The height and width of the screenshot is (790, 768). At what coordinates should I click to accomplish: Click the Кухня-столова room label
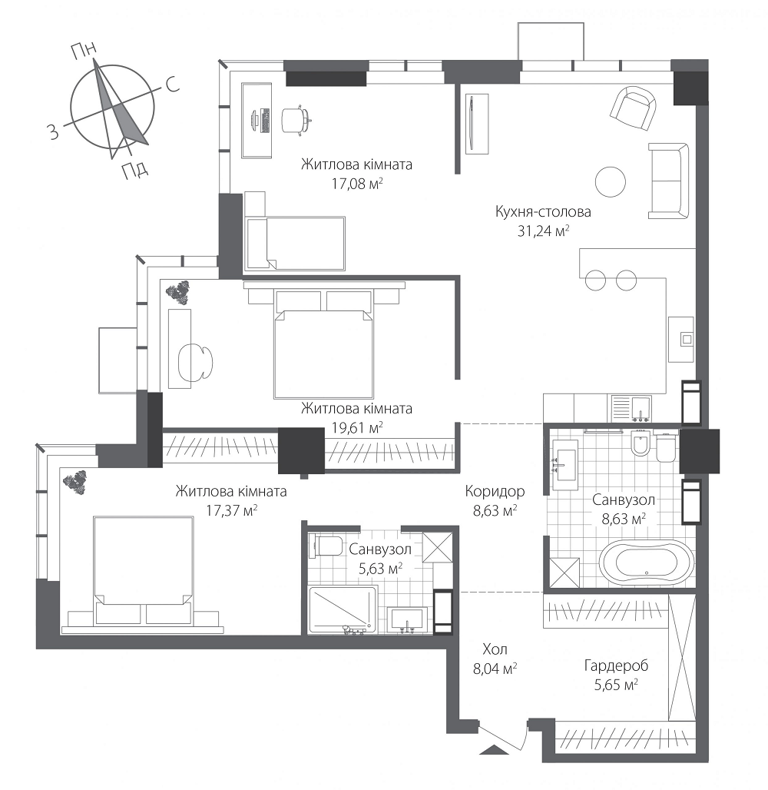543,211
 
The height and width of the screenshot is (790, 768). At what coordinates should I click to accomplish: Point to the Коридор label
495,491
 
